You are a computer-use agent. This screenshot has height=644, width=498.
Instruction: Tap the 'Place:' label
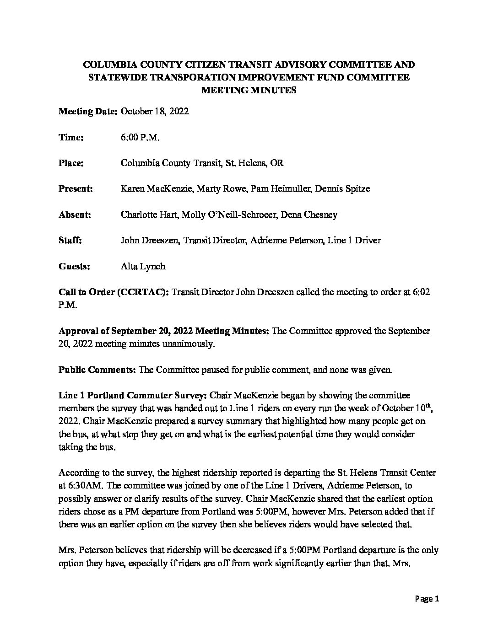[71, 163]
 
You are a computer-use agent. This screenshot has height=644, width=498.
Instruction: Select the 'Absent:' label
[75, 215]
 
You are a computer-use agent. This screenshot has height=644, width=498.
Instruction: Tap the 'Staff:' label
[70, 240]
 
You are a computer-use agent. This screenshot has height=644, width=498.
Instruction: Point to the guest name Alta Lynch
[142, 266]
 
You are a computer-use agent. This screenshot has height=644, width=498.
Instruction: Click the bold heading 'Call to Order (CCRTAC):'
[114, 292]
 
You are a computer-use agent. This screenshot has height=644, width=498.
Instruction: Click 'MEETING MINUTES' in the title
[249, 90]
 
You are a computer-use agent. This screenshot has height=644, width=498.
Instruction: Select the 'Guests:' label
[74, 266]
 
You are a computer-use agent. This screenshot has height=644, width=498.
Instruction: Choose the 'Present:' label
[76, 188]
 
